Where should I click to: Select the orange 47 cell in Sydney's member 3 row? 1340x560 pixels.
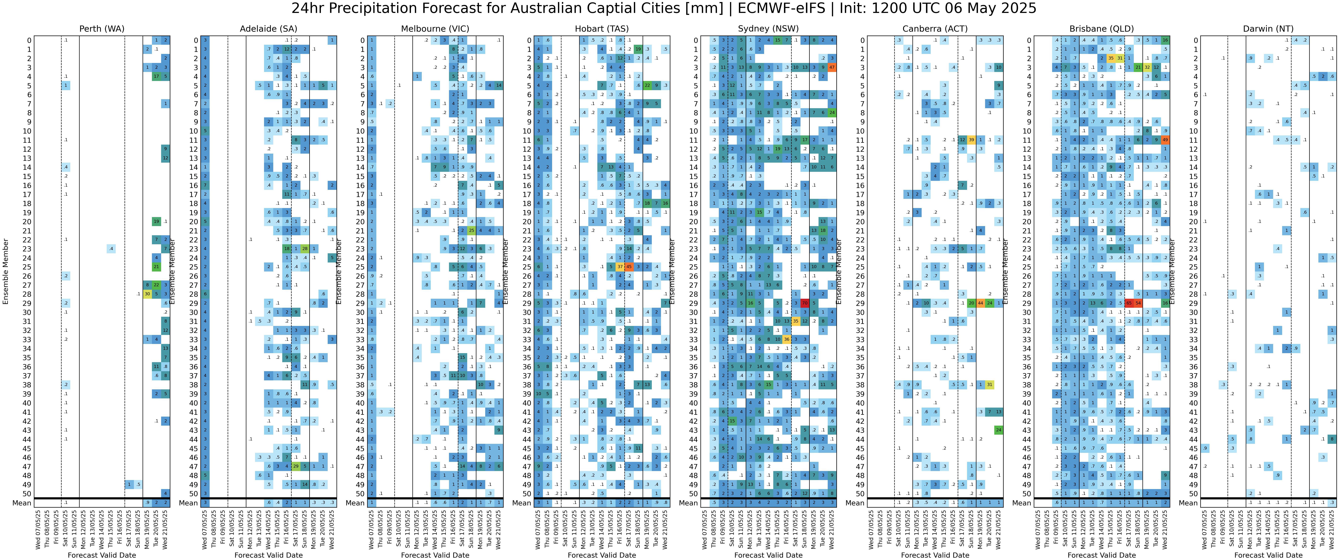click(832, 68)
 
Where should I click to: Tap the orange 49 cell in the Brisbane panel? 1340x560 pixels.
click(1165, 140)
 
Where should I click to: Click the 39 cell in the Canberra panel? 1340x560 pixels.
click(971, 140)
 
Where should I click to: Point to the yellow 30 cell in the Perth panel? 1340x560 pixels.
click(147, 294)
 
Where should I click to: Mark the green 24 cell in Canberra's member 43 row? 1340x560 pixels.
click(998, 430)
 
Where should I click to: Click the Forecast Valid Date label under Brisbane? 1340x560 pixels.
click(1101, 555)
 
